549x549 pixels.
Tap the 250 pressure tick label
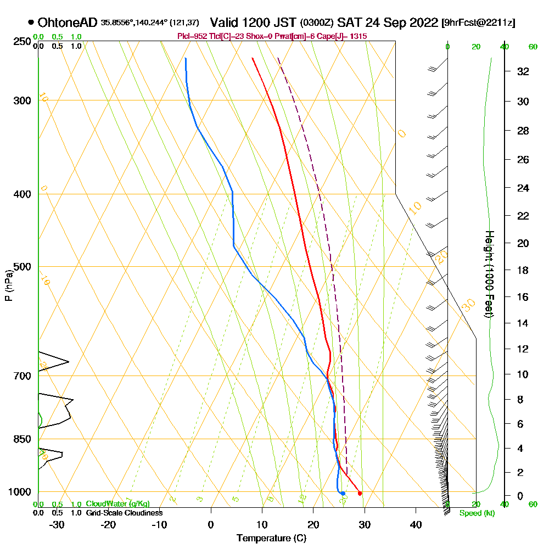20,42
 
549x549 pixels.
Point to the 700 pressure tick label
20,376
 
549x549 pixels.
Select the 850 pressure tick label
20,439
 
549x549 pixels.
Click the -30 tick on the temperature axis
58,524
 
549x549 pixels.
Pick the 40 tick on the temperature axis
416,524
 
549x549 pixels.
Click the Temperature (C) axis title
271,539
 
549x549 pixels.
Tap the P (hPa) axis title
8,285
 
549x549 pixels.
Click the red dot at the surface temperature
360,494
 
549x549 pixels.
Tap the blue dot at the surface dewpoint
342,494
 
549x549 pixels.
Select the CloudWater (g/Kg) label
117,504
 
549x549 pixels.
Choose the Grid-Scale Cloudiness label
124,513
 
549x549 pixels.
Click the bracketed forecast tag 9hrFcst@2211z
478,23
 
